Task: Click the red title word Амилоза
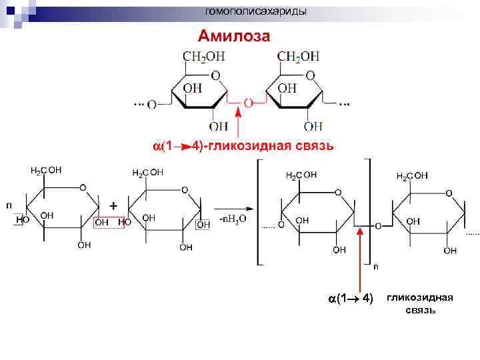point(233,36)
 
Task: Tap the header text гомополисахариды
point(256,11)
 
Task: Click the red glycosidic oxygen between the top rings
point(248,103)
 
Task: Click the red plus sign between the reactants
point(113,206)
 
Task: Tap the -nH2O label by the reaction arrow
point(233,218)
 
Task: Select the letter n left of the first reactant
point(9,205)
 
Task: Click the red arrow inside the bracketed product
point(361,260)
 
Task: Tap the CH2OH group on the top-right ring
point(299,57)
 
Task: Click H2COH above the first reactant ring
point(46,170)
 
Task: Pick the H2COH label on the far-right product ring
point(413,176)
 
